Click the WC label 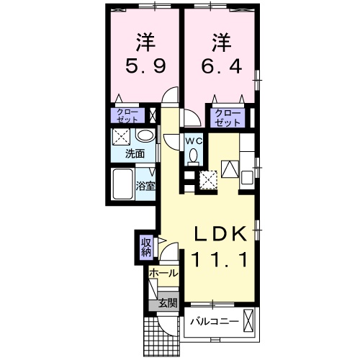[192, 141]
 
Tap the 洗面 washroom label [135, 153]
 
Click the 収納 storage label [146, 247]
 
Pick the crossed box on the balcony [248, 322]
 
